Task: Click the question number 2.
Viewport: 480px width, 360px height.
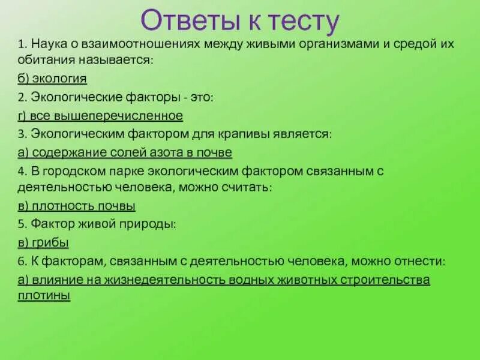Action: [x=21, y=97]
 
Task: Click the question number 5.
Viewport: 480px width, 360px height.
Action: [x=21, y=224]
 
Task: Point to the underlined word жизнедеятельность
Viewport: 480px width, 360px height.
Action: [x=178, y=280]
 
